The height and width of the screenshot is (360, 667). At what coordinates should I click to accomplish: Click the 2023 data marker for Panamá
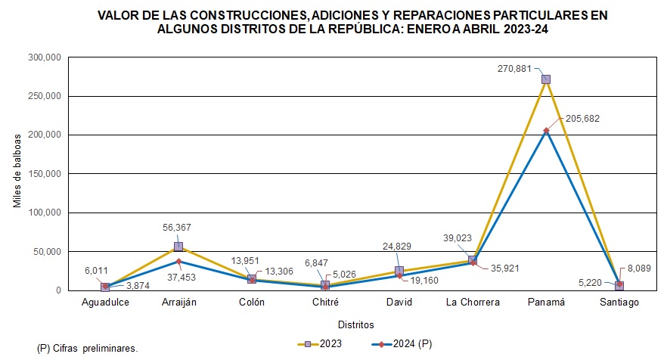(x=546, y=79)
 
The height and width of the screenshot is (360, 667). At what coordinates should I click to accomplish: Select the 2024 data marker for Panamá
(x=546, y=131)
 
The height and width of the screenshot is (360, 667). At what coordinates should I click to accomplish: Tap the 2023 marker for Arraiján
(x=178, y=247)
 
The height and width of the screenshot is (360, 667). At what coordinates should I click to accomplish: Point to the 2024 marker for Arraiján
(x=178, y=261)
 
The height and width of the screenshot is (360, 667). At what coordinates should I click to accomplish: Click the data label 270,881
(x=517, y=67)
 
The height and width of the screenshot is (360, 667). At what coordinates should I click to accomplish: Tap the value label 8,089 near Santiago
(x=638, y=268)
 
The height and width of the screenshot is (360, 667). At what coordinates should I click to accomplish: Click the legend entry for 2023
(x=319, y=344)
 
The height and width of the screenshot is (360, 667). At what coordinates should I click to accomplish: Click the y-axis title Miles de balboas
(x=17, y=174)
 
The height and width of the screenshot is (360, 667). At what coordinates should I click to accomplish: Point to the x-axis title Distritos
(x=355, y=325)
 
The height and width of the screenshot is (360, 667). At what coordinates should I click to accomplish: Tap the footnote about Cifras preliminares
(x=87, y=348)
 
